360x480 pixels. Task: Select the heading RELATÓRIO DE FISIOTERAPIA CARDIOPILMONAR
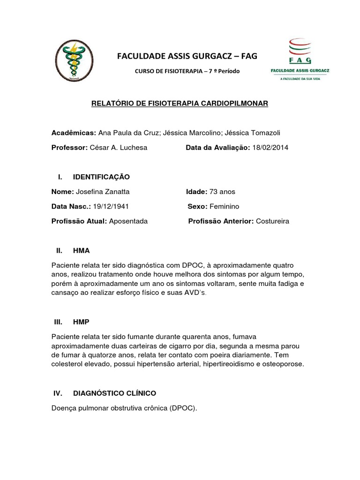180,103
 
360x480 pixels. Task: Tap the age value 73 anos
223,192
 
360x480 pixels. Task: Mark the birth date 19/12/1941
111,206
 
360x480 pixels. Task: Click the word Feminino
225,206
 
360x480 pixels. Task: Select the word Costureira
273,221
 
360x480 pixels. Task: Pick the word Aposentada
128,221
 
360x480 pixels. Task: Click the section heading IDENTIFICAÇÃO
101,177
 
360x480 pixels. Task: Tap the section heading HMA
81,251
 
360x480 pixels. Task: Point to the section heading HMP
81,322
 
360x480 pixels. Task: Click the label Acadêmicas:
74,133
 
